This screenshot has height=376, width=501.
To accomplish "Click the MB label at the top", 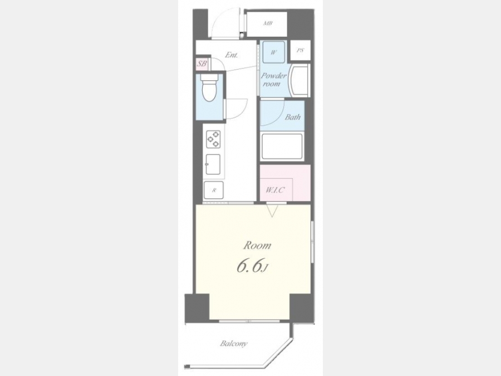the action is tap(268, 23).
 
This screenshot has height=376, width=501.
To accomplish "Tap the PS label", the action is tap(301, 50).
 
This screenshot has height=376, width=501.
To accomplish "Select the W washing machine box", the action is tap(273, 52).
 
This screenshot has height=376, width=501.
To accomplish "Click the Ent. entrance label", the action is tap(232, 55).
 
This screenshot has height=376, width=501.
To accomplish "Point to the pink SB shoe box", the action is tap(202, 64).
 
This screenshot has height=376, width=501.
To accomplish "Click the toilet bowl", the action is tap(209, 90).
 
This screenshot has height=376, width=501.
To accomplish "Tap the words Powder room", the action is tap(273, 80).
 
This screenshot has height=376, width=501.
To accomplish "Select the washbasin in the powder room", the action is tap(299, 81).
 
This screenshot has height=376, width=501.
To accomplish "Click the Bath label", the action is tap(293, 117).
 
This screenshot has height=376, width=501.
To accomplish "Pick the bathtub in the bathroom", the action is tap(282, 147).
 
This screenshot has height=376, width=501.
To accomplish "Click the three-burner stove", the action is tap(213, 139).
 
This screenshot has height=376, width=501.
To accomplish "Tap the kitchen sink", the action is tap(213, 164).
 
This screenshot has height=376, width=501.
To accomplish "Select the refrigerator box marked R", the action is tap(214, 190).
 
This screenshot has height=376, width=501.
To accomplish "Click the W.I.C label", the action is tap(275, 191).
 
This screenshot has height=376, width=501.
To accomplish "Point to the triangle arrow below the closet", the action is tap(272, 211).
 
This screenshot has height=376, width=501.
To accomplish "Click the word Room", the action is tap(257, 246).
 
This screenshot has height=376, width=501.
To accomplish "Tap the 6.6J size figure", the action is tap(252, 267).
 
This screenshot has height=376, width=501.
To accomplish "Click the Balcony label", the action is tap(234, 344).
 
